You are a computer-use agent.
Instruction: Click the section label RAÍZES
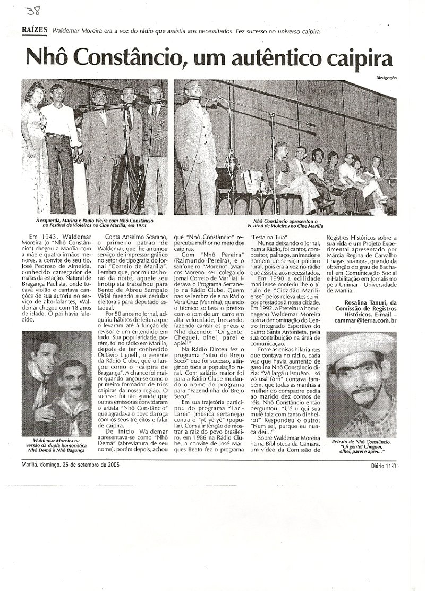(35, 30)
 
